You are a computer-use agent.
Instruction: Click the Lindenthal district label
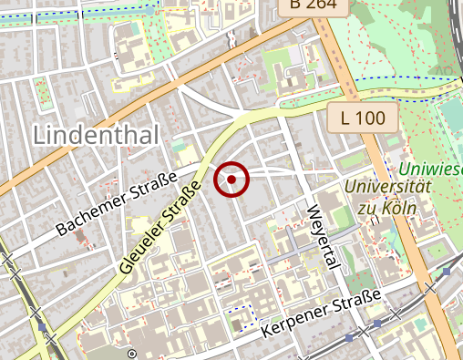(96, 135)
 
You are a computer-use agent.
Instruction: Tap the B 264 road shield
(314, 7)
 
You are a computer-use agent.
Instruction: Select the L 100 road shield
(364, 117)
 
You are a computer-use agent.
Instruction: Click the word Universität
(387, 187)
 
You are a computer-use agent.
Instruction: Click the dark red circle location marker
(232, 180)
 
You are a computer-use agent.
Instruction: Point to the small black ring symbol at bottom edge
(132, 353)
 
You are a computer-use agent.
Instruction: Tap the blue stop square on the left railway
(41, 325)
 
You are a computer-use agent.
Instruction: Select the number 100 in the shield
(374, 117)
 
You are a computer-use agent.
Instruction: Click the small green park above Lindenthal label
(40, 88)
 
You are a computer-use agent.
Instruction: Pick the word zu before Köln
(365, 208)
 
